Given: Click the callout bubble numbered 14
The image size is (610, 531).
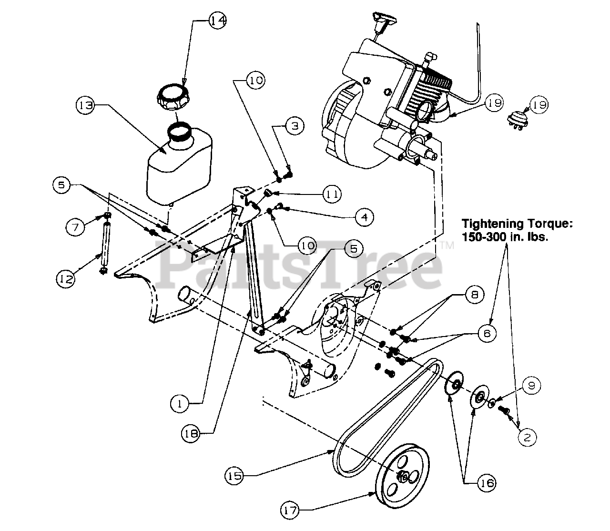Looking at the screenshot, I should pyautogui.click(x=217, y=20).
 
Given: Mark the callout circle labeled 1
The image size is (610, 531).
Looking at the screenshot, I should pyautogui.click(x=180, y=404).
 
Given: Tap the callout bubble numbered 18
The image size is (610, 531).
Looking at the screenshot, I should pyautogui.click(x=191, y=432).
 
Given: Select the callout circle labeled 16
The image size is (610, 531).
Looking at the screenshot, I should pyautogui.click(x=486, y=483).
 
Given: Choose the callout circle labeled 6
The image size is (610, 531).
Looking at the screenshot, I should pyautogui.click(x=487, y=334).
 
